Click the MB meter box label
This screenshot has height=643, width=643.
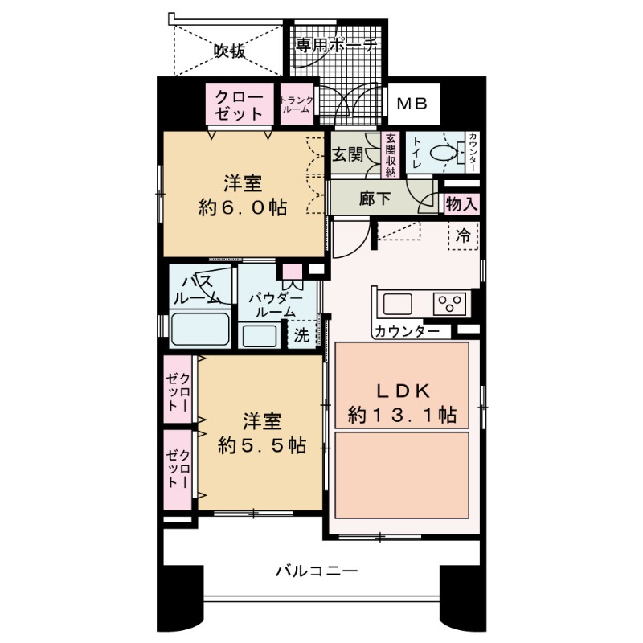pos(416,104)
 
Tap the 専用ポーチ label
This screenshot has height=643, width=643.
pos(336,46)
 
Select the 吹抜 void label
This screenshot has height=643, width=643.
pos(229,51)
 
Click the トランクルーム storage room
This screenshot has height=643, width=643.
pos(297,104)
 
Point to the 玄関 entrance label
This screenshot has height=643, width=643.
pos(349,154)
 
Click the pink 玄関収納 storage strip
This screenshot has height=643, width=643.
pos(391,155)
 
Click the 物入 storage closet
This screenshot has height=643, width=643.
pos(461,204)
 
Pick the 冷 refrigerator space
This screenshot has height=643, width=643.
pos(463,235)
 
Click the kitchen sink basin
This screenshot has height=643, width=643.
pos(398,305)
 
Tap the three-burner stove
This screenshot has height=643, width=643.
pos(449,304)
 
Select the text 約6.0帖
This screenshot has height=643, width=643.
pos(243,207)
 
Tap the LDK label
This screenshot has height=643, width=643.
pos(403,391)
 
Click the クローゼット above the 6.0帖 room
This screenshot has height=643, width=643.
pos(238,104)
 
